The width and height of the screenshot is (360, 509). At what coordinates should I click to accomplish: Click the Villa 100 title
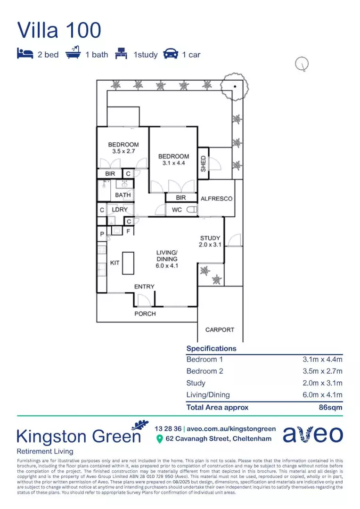pyautogui.click(x=59, y=30)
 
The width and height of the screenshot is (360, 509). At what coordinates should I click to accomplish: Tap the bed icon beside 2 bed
pyautogui.click(x=25, y=54)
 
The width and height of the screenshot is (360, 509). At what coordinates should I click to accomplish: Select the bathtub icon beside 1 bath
pyautogui.click(x=73, y=54)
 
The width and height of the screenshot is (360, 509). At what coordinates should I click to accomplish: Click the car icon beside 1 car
pyautogui.click(x=171, y=54)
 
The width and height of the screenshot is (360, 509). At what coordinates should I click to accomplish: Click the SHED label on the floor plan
pyautogui.click(x=203, y=164)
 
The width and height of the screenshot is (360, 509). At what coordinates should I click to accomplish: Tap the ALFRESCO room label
pyautogui.click(x=216, y=198)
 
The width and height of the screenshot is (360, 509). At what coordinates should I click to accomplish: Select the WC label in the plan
pyautogui.click(x=177, y=210)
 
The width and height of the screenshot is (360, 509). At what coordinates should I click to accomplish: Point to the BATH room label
pyautogui.click(x=123, y=195)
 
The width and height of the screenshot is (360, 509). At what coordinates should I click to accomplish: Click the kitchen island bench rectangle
pyautogui.click(x=128, y=263)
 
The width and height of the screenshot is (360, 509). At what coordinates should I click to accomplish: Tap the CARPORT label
pyautogui.click(x=220, y=330)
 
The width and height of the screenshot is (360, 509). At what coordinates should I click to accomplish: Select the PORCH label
pyautogui.click(x=145, y=313)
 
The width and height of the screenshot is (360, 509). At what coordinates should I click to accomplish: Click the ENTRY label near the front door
pyautogui.click(x=144, y=287)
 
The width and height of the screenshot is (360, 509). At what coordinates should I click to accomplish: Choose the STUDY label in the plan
pyautogui.click(x=210, y=238)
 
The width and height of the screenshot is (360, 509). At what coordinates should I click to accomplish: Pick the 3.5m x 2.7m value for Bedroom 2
pyautogui.click(x=322, y=371)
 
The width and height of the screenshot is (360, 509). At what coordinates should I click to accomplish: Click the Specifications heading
pyautogui.click(x=211, y=349)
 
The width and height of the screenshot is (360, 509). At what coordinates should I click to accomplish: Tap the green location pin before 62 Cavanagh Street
pyautogui.click(x=159, y=439)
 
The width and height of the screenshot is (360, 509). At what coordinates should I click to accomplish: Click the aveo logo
pyautogui.click(x=313, y=434)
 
